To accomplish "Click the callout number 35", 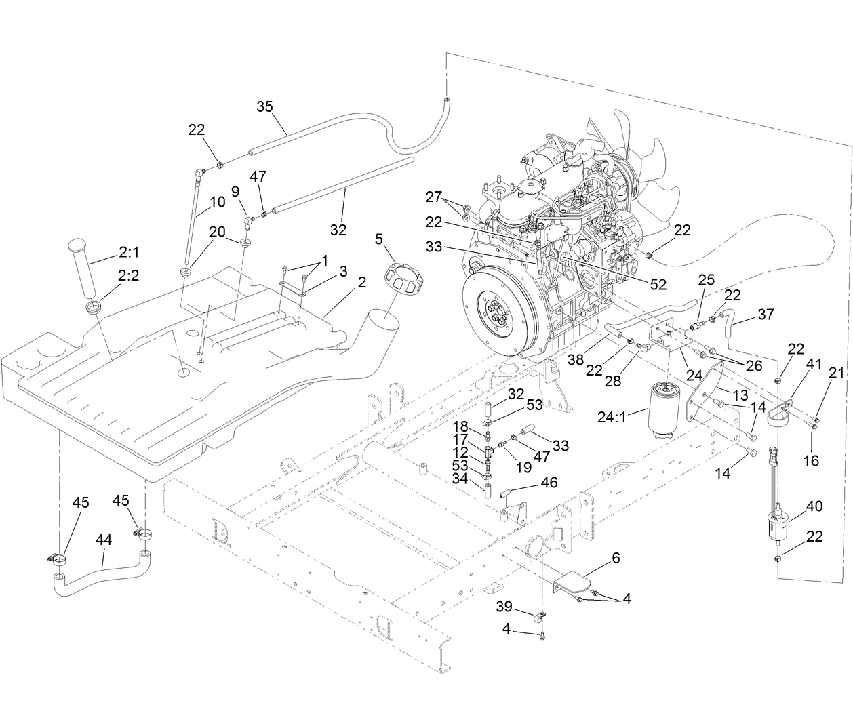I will pyautogui.click(x=265, y=106).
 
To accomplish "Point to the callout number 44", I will pyautogui.click(x=104, y=540).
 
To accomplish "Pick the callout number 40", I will pyautogui.click(x=814, y=506).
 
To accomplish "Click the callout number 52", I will pyautogui.click(x=658, y=284).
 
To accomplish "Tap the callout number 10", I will pyautogui.click(x=217, y=201).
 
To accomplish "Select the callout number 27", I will pyautogui.click(x=434, y=197).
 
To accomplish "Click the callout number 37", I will pyautogui.click(x=766, y=315).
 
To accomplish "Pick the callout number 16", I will pyautogui.click(x=811, y=461).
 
